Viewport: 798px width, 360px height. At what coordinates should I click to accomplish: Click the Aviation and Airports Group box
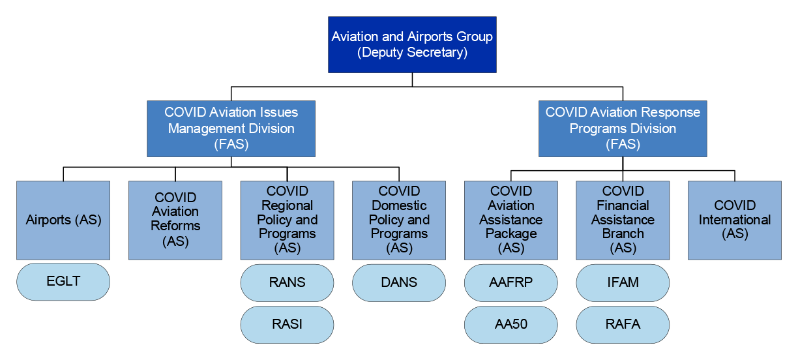coord(412,44)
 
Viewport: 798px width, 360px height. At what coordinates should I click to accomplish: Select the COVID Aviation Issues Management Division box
coord(231,128)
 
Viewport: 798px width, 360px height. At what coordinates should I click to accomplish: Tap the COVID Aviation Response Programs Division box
coord(623,128)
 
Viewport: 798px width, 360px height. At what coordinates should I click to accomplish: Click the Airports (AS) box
coord(63,220)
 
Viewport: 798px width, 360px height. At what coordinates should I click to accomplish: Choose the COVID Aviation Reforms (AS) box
coord(175,220)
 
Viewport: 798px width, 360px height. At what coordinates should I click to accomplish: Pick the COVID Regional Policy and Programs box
coord(287,220)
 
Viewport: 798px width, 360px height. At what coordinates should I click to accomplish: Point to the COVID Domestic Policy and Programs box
coord(399,220)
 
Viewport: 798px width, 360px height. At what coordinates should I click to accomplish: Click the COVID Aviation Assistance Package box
coord(511,220)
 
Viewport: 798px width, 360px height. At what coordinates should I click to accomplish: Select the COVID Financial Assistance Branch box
coord(623,220)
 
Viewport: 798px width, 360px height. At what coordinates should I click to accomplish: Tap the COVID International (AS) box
coord(735,220)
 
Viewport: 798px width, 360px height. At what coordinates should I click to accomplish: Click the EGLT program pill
coord(63,282)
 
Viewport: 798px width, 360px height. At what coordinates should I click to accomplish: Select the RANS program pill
coord(287,282)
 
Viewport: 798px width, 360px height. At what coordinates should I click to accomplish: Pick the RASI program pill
coord(287,324)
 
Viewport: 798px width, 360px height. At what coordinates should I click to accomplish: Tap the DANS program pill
coord(399,282)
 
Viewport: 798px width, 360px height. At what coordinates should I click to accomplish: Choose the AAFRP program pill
coord(511,282)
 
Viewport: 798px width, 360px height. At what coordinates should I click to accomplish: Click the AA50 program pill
coord(511,324)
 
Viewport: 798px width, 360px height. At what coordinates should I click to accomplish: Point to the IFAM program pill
coord(623,282)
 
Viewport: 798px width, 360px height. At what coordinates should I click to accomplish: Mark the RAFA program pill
coord(623,324)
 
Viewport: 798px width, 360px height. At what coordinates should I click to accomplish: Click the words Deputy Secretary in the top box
coord(412,52)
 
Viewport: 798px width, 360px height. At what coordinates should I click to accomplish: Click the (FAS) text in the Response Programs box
coord(623,144)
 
